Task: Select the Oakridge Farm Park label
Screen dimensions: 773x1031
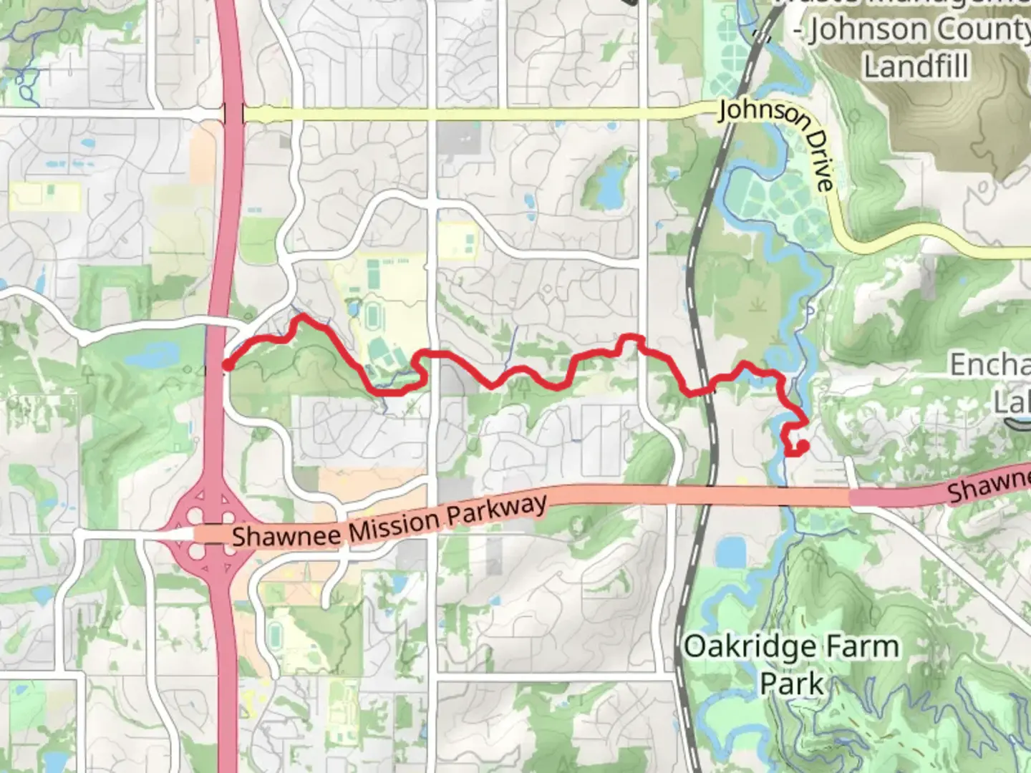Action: pos(791,664)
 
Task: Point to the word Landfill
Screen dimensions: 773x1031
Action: pos(916,67)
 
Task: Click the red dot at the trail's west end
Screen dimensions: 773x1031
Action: pos(227,366)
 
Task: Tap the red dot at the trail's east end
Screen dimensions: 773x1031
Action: pos(803,446)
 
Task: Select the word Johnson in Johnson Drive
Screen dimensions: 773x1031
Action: pos(756,115)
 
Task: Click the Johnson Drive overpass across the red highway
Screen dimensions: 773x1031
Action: pos(233,114)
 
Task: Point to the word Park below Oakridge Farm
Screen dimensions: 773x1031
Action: pos(791,683)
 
